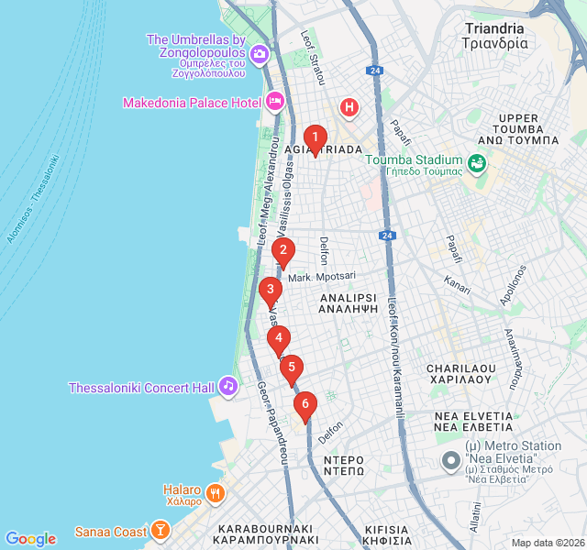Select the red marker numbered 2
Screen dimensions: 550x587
click(283, 250)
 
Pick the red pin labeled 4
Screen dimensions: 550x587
click(279, 338)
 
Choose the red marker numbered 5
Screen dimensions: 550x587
click(292, 368)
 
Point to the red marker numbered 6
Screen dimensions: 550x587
click(305, 403)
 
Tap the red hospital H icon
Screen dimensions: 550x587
click(349, 108)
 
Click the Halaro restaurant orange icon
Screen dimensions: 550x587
click(215, 491)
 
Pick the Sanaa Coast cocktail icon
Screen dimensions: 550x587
click(161, 531)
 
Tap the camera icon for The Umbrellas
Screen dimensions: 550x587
click(260, 55)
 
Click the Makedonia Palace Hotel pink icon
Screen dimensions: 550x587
click(274, 102)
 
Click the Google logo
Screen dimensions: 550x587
click(30, 538)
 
